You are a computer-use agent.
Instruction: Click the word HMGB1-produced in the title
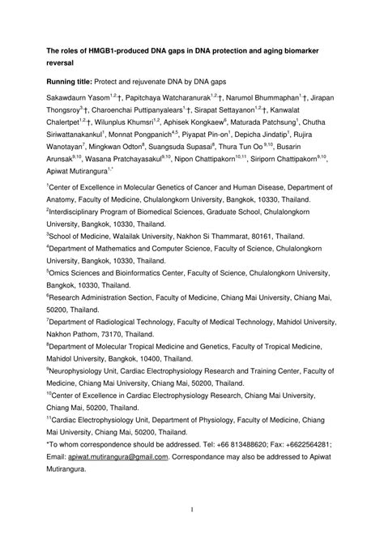122,49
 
